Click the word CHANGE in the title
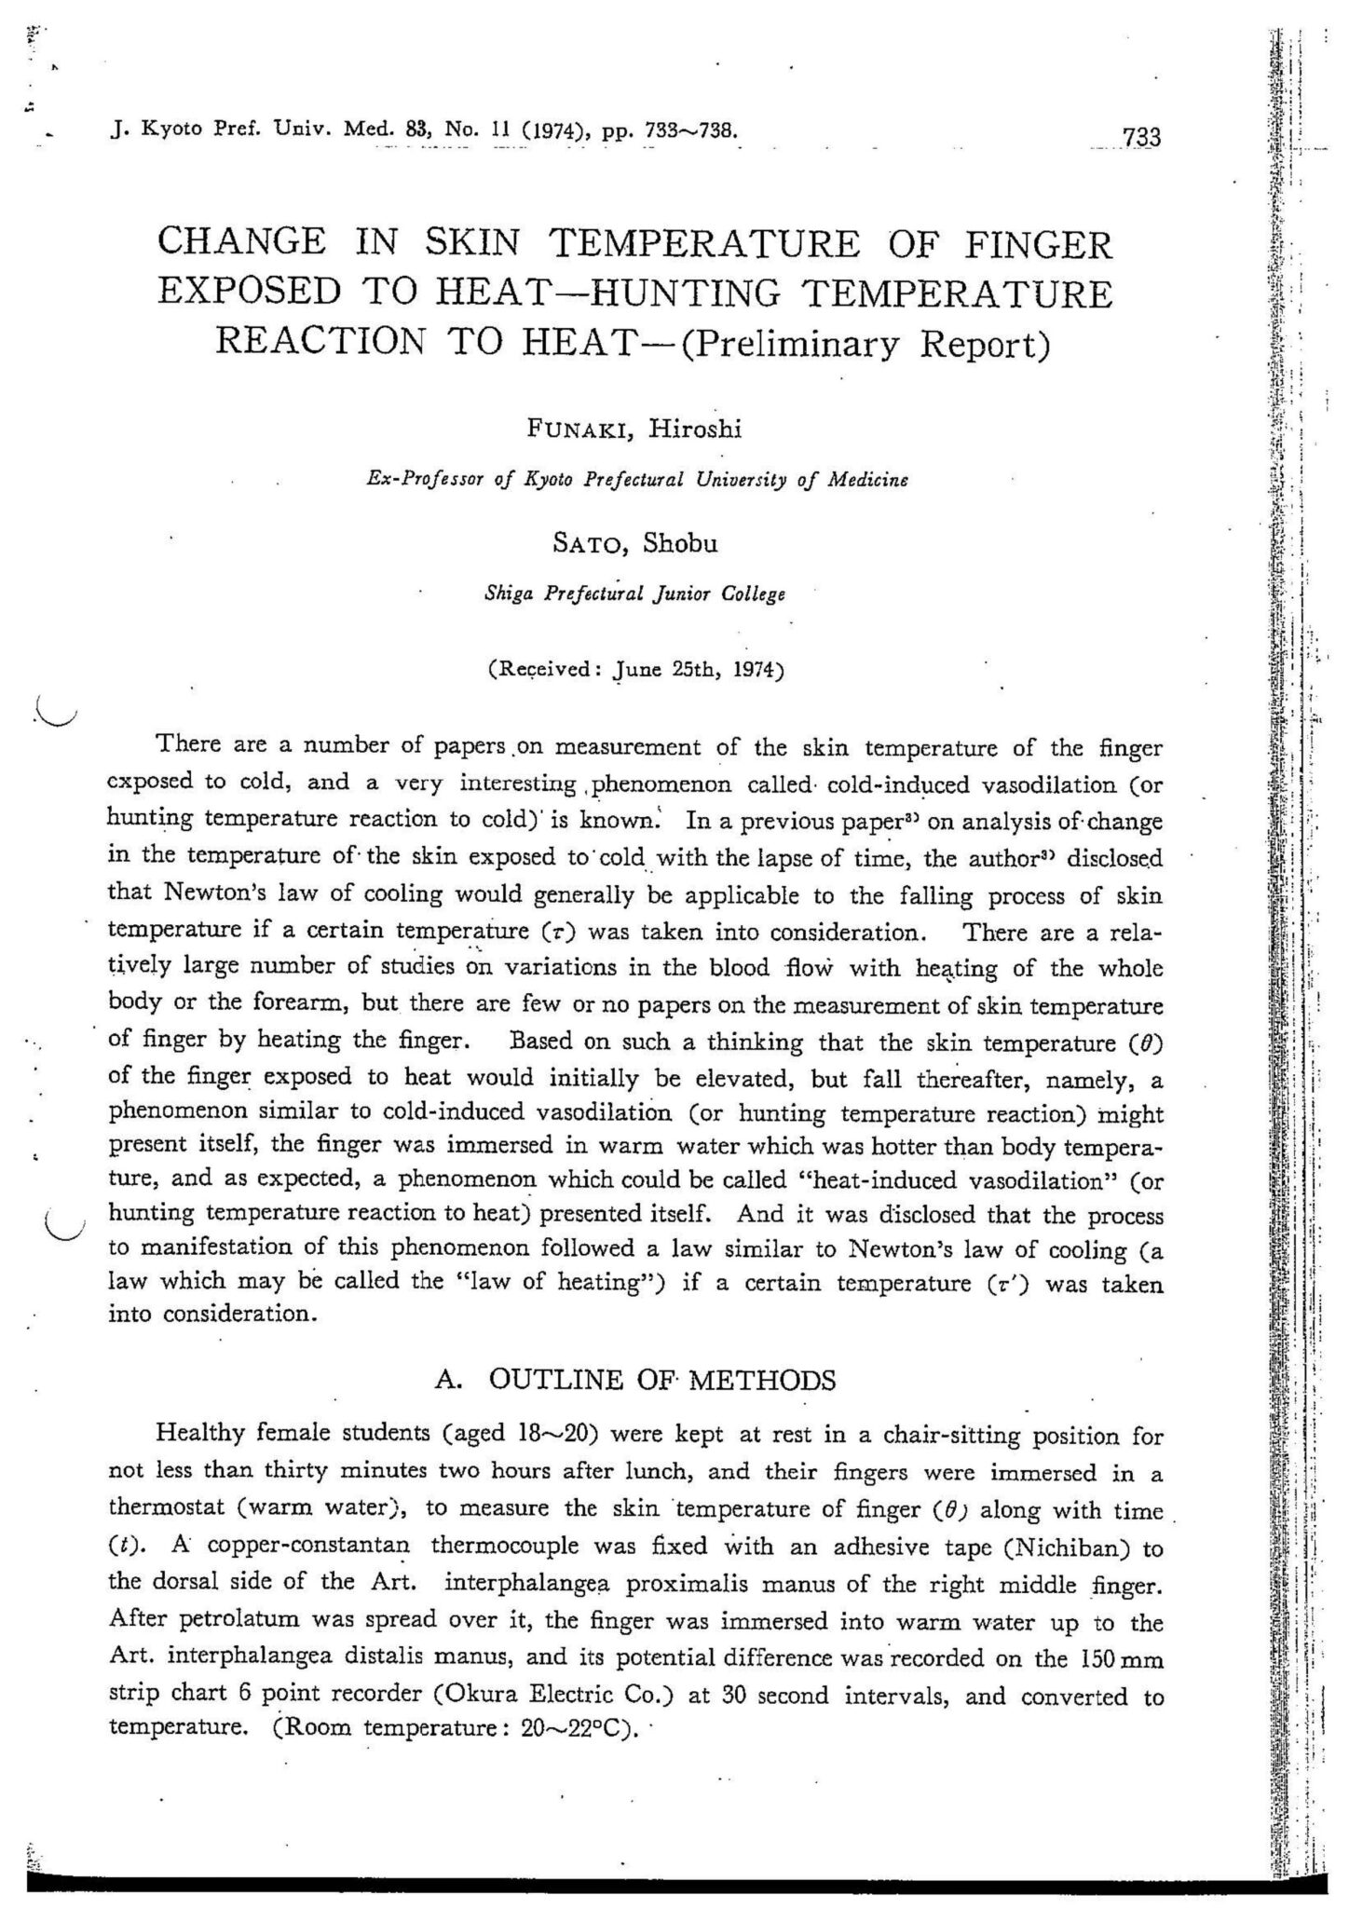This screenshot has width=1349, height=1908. click(242, 243)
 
